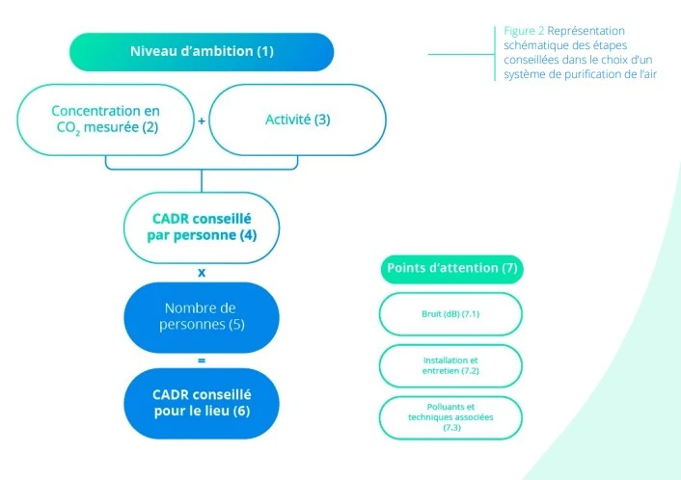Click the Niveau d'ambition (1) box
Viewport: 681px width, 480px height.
coord(202,51)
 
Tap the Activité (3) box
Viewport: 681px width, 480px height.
coord(297,120)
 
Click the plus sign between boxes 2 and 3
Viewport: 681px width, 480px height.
coord(202,120)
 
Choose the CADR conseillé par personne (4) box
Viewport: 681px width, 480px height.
coord(202,227)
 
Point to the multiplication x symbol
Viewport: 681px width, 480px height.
coord(202,272)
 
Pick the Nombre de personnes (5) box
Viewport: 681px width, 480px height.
coord(202,317)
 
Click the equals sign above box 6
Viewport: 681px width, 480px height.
coord(202,360)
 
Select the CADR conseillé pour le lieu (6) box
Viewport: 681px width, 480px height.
coord(202,403)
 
